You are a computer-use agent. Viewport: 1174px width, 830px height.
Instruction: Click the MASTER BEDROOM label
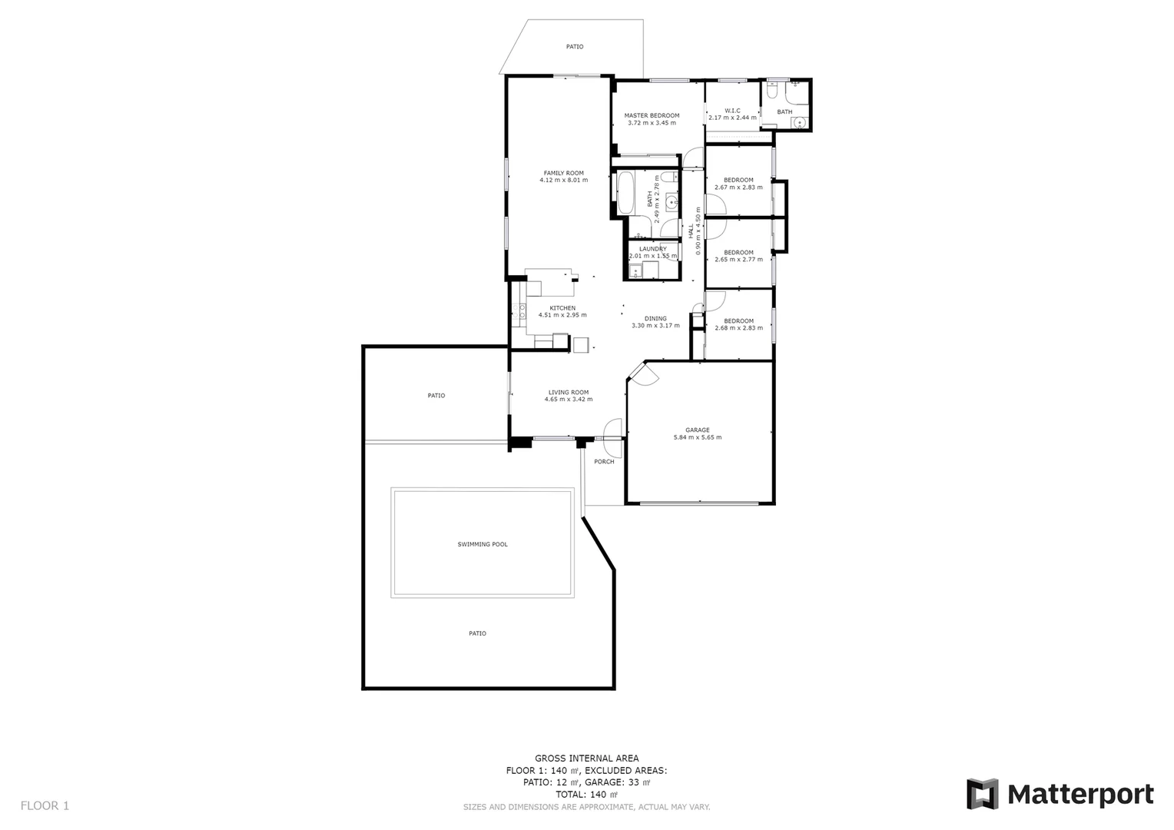click(652, 115)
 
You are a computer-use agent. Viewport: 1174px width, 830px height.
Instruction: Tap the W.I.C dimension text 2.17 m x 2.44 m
click(732, 118)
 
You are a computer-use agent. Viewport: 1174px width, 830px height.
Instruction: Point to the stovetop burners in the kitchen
click(520, 310)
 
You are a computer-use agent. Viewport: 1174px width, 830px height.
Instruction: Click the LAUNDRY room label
click(652, 249)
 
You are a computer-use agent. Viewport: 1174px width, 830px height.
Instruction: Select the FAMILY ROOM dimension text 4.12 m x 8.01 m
click(563, 181)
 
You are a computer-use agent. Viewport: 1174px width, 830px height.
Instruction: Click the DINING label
click(655, 318)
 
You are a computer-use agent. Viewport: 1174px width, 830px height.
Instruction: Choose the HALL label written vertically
click(691, 231)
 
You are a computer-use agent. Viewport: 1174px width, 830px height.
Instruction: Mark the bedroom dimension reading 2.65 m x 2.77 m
click(738, 260)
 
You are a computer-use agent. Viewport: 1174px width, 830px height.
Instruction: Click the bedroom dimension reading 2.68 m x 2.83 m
click(738, 328)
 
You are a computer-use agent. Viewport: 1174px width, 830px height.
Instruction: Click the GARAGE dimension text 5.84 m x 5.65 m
click(697, 437)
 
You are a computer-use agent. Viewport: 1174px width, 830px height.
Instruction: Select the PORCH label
click(604, 462)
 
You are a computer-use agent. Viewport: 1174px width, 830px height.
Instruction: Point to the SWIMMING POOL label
click(483, 544)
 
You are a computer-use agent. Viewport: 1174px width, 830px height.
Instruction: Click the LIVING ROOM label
click(568, 392)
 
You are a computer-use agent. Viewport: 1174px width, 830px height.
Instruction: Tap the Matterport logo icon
click(982, 794)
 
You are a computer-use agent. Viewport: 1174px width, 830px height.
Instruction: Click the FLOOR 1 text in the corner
click(45, 805)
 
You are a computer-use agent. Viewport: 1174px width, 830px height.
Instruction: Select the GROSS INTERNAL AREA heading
click(586, 759)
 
